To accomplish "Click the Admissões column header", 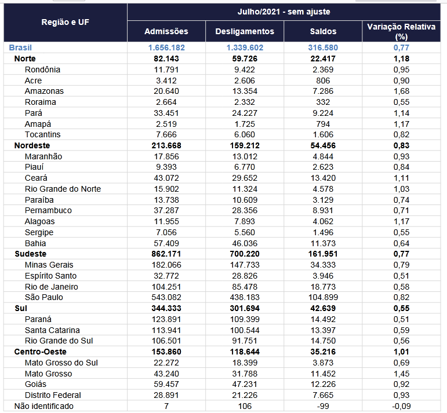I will [166, 31].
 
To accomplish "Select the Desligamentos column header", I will [245, 31].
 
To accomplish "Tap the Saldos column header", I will [322, 31].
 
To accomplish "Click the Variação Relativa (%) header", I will [401, 31].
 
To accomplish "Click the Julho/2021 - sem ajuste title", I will [284, 12].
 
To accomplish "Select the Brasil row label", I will [20, 47].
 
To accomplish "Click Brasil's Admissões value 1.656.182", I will [166, 47].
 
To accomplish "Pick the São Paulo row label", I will [44, 297].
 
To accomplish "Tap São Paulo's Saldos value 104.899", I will [322, 297].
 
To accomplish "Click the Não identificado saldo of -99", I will [322, 406].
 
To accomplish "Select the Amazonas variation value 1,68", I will [401, 91].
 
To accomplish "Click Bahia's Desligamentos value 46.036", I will [245, 243].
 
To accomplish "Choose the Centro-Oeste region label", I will [40, 352].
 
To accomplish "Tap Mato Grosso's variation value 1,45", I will [401, 374].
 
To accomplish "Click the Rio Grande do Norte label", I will [63, 189].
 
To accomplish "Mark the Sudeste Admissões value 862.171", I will [166, 254].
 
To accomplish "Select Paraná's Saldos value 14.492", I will [322, 319].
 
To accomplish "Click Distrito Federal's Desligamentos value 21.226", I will [245, 395].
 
